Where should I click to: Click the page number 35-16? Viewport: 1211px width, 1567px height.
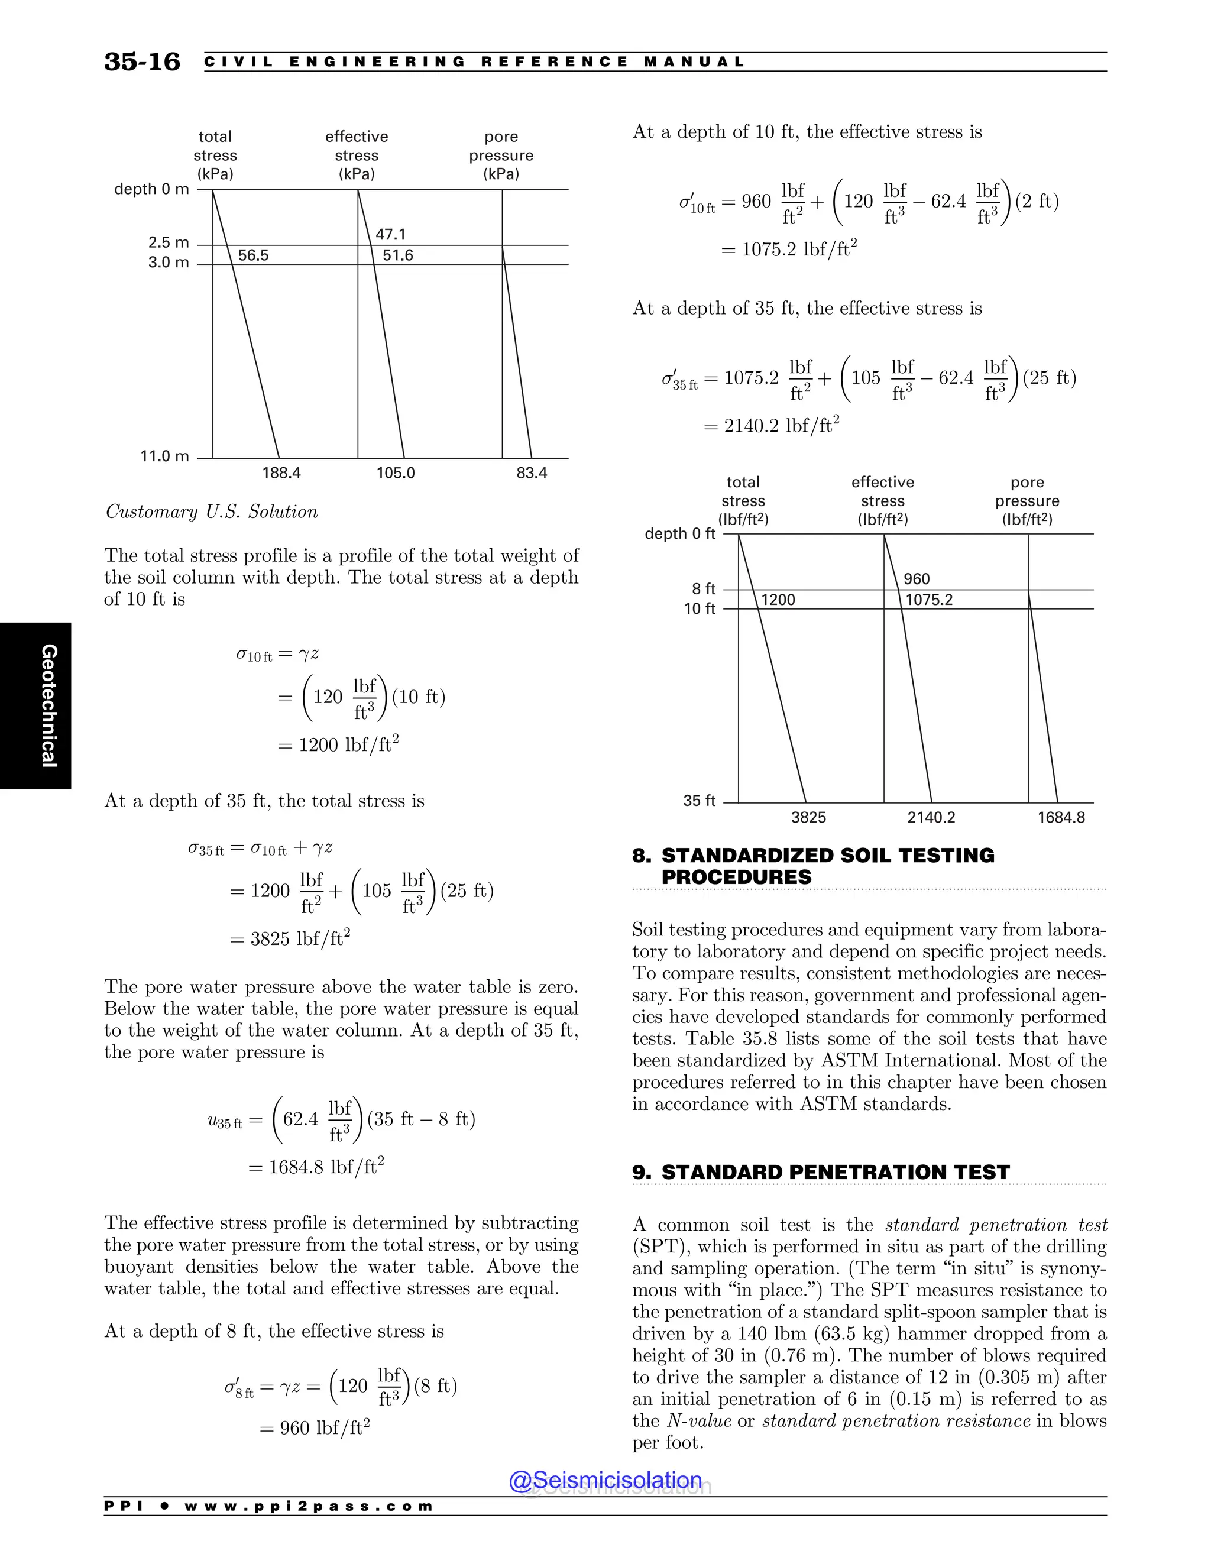coord(142,61)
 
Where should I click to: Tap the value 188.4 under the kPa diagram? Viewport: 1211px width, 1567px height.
coord(281,473)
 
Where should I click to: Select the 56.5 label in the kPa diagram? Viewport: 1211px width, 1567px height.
coord(253,255)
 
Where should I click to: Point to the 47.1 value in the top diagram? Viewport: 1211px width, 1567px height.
coord(390,235)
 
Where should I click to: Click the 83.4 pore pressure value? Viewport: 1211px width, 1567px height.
coord(532,473)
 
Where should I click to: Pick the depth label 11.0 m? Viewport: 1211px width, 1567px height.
coord(164,456)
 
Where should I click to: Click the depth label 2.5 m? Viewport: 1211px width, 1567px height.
coord(169,242)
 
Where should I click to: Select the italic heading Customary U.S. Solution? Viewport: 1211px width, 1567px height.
coord(212,511)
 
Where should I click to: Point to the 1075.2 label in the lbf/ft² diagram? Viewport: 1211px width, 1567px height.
coord(929,600)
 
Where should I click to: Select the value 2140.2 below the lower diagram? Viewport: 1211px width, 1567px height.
coord(931,817)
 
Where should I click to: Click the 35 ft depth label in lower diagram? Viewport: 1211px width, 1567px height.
coord(699,801)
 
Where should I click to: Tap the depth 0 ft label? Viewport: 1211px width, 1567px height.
coord(680,534)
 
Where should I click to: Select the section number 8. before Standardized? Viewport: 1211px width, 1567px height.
coord(642,855)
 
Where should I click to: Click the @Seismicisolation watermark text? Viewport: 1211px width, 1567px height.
coord(605,1480)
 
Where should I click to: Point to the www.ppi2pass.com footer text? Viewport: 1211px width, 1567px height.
coord(309,1506)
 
